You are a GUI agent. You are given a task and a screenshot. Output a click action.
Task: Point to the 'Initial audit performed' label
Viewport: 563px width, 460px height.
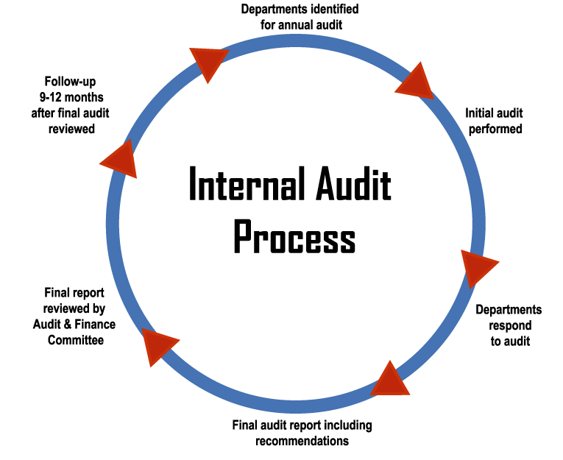[493, 121]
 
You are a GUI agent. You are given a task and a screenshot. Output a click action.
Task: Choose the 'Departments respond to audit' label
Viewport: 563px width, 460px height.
[509, 325]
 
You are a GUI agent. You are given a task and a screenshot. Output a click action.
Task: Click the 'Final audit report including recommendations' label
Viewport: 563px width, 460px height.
[302, 433]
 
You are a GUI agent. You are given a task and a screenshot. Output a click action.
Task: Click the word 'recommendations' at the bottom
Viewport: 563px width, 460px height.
[302, 441]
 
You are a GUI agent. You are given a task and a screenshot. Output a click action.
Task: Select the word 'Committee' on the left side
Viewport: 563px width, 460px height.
[76, 340]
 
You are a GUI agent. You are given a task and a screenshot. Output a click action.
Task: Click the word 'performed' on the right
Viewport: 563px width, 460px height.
[494, 129]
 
